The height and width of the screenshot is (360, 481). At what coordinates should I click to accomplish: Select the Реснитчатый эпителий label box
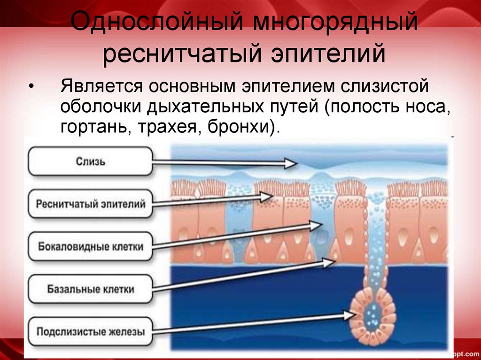[91, 204]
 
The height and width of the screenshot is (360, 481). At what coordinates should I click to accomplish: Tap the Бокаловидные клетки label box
[91, 246]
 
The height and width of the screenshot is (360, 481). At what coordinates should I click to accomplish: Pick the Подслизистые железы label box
[91, 332]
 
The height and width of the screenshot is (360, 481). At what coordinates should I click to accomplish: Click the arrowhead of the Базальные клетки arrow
[327, 263]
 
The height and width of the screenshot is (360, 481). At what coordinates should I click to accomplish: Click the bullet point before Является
[31, 88]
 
